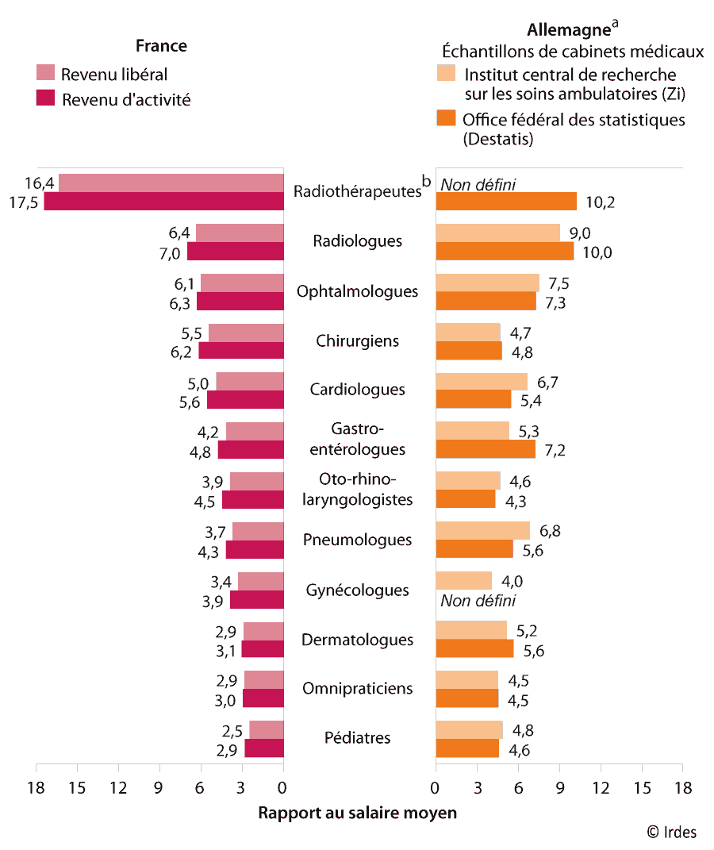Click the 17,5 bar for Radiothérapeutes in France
163,202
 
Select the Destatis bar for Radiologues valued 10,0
505,252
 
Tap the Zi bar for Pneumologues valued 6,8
482,531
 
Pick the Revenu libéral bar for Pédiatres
267,729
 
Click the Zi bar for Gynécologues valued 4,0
463,581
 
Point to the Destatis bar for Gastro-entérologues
486,449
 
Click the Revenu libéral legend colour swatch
45,74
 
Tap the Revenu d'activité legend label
126,99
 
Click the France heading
161,46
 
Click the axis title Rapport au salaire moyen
358,813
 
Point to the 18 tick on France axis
36,788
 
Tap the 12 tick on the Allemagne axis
601,788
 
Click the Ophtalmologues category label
357,291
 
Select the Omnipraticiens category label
357,688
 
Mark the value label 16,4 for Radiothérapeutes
39,183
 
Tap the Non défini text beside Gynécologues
478,600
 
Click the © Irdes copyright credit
671,832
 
